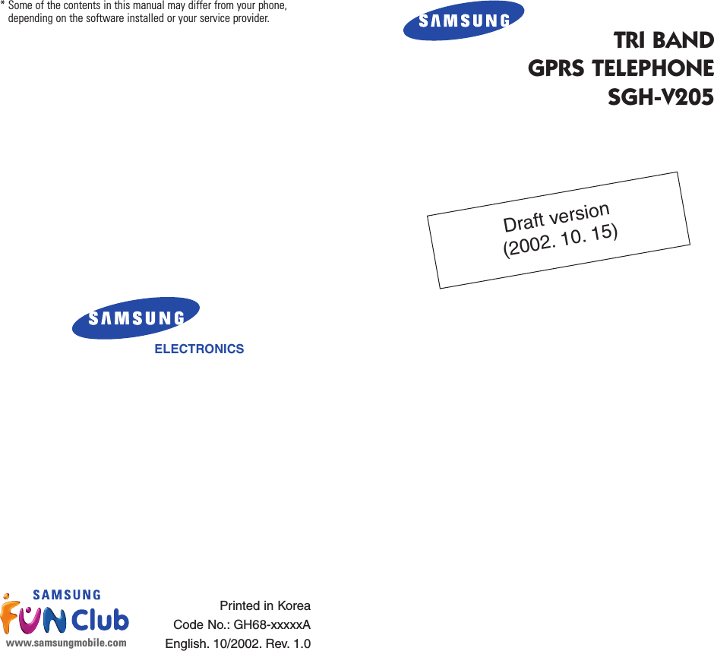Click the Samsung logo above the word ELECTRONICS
(136, 318)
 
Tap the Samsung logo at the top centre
(463, 21)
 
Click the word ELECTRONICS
(199, 349)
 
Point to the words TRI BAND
(663, 40)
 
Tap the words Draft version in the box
(556, 217)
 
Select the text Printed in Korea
(265, 606)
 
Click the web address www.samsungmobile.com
(66, 643)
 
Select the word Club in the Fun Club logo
(100, 621)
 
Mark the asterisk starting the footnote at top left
(3, 6)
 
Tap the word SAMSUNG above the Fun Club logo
(67, 595)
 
